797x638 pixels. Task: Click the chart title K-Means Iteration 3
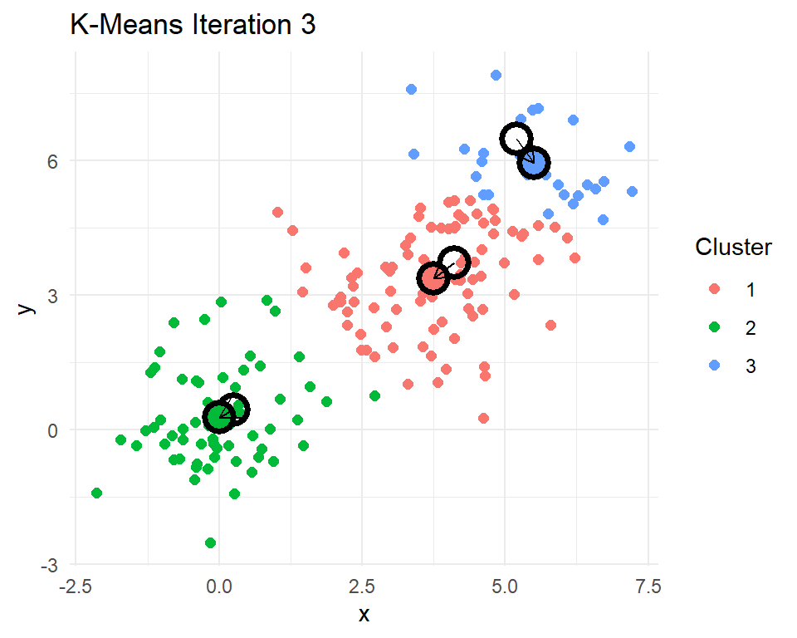pyautogui.click(x=193, y=26)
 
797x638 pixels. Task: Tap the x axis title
pyautogui.click(x=363, y=615)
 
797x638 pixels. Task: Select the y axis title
pyautogui.click(x=27, y=307)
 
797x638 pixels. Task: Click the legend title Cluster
pyautogui.click(x=733, y=247)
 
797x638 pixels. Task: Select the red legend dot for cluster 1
pyautogui.click(x=714, y=290)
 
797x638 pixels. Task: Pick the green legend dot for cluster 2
pyautogui.click(x=714, y=327)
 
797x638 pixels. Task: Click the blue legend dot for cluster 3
pyautogui.click(x=714, y=365)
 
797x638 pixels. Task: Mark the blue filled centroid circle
pyautogui.click(x=534, y=163)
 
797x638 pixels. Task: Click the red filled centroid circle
pyautogui.click(x=433, y=277)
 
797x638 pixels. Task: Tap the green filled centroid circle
pyautogui.click(x=218, y=417)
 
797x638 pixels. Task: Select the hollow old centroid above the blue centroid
pyautogui.click(x=516, y=138)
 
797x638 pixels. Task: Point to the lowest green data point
pyautogui.click(x=210, y=542)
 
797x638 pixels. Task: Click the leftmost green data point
pyautogui.click(x=96, y=493)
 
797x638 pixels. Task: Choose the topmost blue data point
pyautogui.click(x=496, y=75)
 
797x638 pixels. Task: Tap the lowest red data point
pyautogui.click(x=483, y=418)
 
